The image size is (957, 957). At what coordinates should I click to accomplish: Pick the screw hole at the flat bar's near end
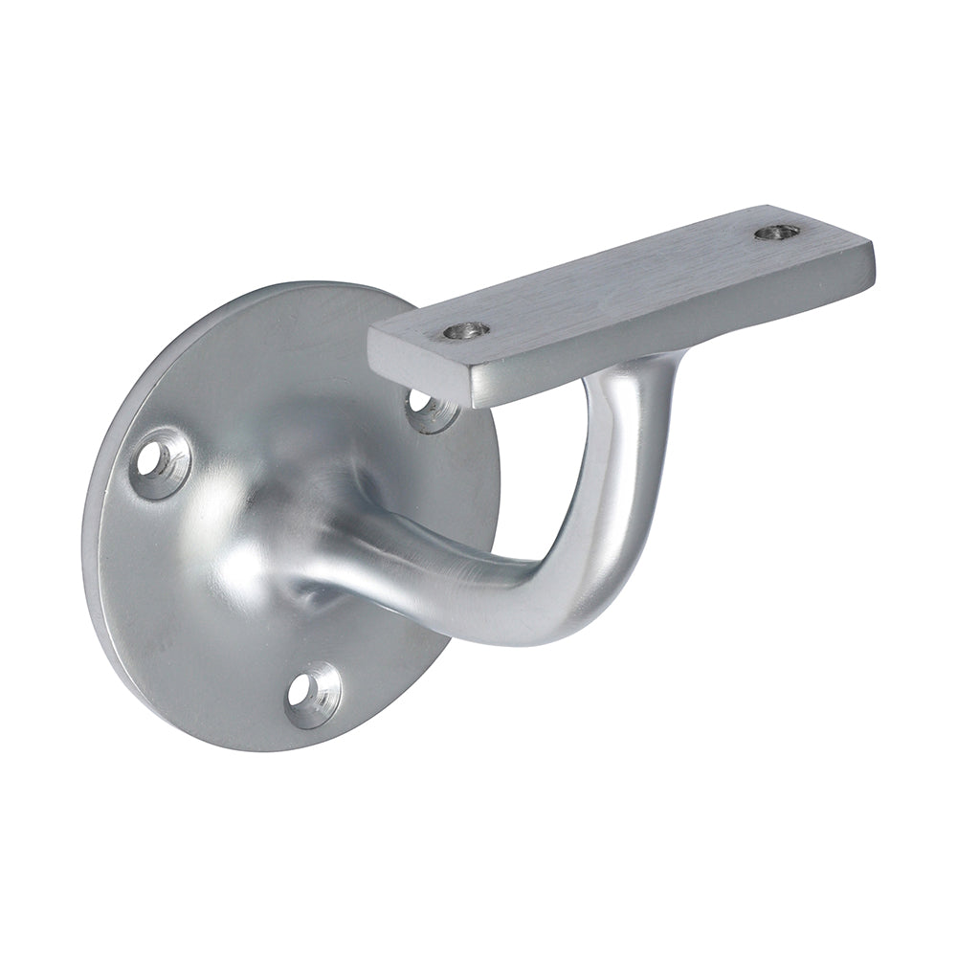point(466,331)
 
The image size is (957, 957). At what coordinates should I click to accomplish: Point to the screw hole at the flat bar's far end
point(776,232)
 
